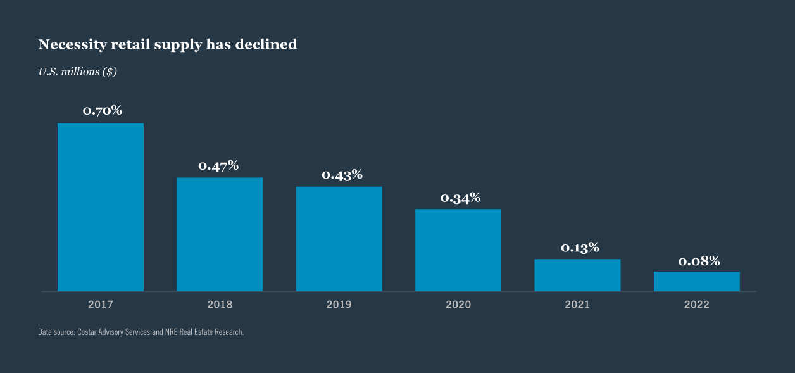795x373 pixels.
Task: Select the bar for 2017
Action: click(x=101, y=207)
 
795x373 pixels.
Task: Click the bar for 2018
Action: click(x=220, y=234)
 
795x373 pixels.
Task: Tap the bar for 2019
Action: click(x=339, y=239)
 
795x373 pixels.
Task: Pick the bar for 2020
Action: click(x=458, y=250)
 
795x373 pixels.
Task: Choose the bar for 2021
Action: click(x=577, y=275)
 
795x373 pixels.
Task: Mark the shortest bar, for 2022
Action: click(x=696, y=281)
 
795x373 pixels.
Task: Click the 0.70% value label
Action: click(x=103, y=111)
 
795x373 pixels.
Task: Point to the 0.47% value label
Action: click(x=219, y=166)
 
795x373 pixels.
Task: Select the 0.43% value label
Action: click(x=342, y=175)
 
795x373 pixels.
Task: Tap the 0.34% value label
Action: click(x=460, y=198)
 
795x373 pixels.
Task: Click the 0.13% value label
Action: click(x=580, y=248)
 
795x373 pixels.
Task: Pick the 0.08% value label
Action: click(x=699, y=261)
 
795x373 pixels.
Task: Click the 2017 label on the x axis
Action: click(x=101, y=305)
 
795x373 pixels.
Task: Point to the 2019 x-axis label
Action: click(x=339, y=305)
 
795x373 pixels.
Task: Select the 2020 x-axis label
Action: click(x=458, y=305)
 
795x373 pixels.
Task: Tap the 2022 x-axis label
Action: click(x=696, y=305)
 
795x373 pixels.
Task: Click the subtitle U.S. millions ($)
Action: click(x=78, y=72)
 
